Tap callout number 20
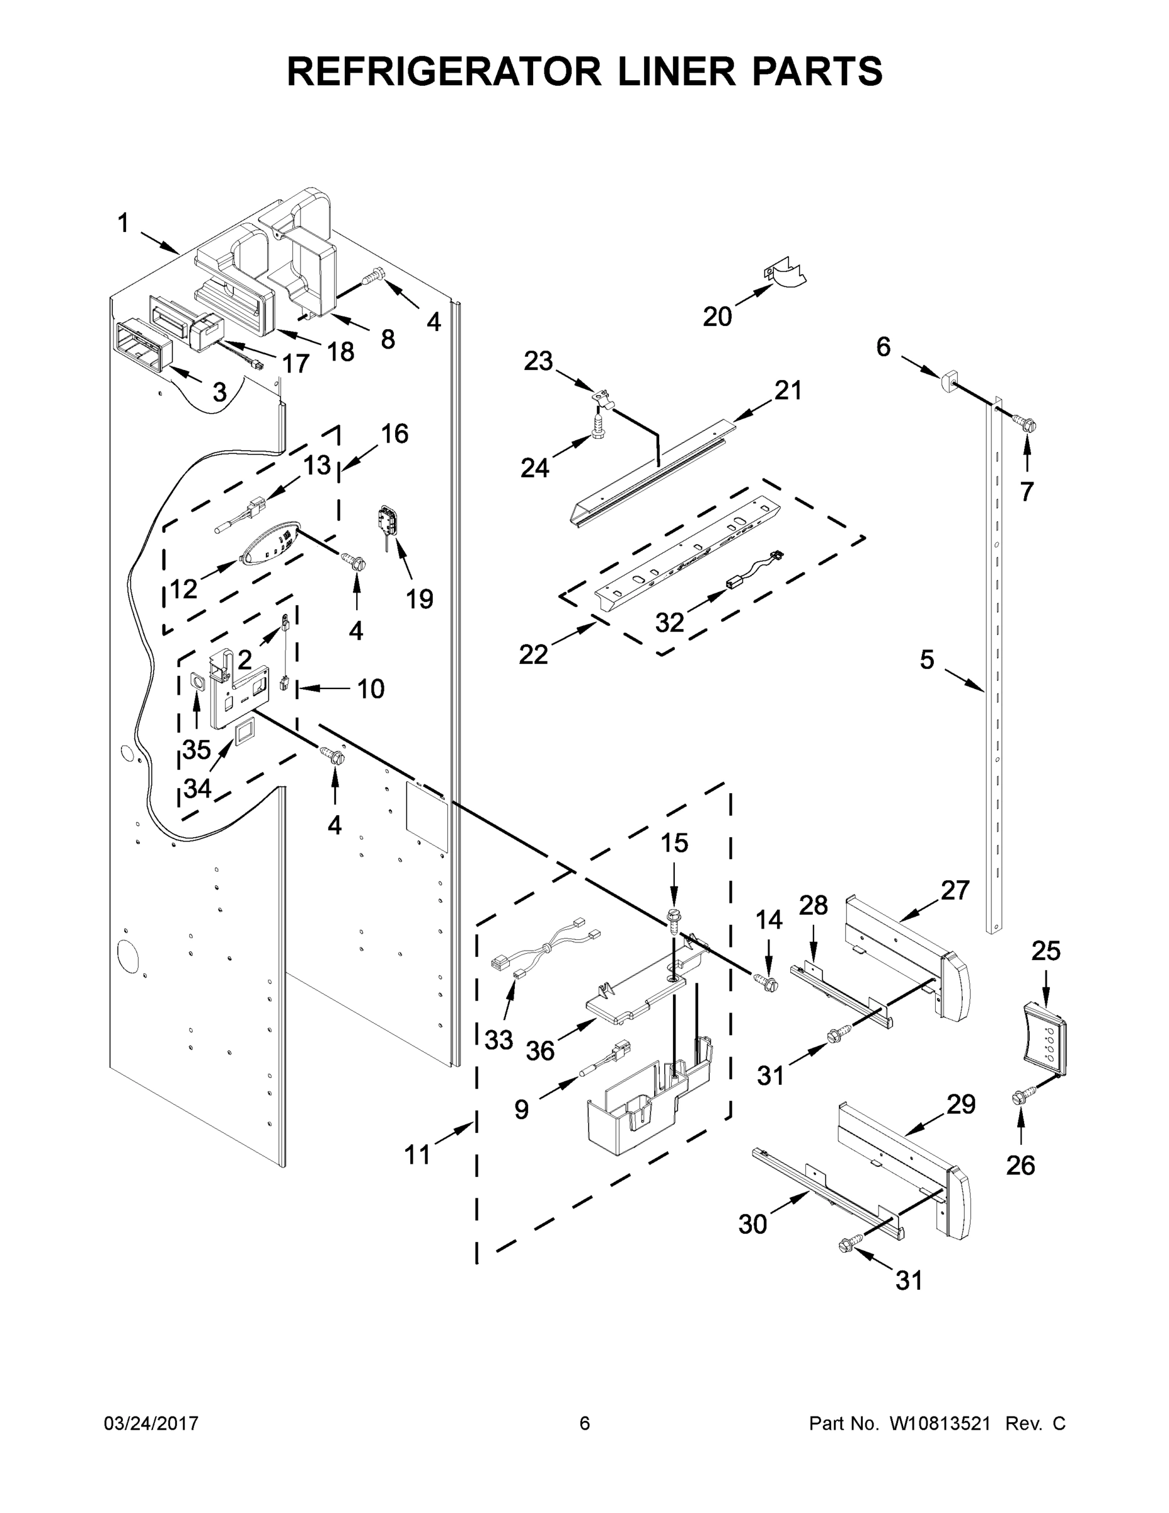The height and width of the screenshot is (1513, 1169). tap(717, 316)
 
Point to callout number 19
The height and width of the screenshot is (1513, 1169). tap(419, 598)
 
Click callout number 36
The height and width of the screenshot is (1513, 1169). tap(540, 1050)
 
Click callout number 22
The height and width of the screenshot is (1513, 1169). tap(533, 653)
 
